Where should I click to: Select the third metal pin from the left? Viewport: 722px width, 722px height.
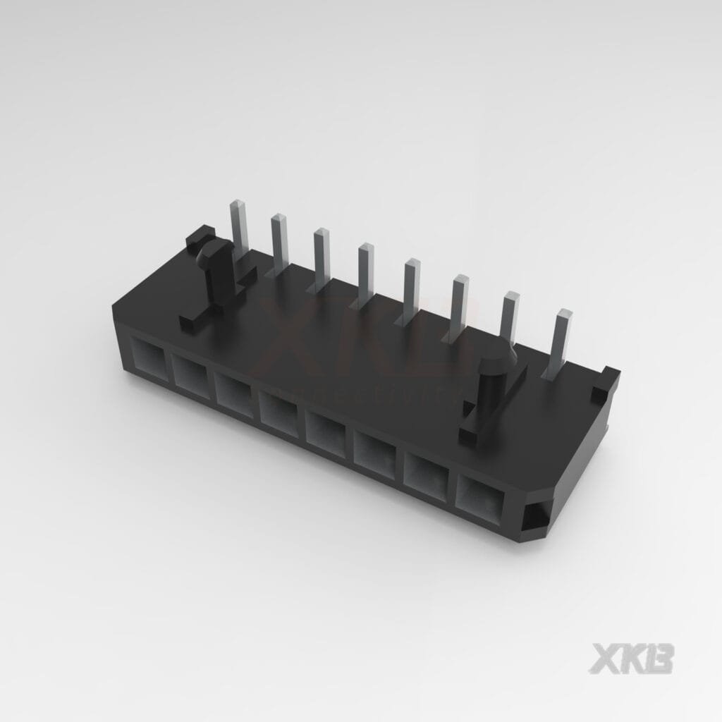322,255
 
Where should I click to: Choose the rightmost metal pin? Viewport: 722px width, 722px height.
563,335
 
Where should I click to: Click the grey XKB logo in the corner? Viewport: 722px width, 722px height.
631,657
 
